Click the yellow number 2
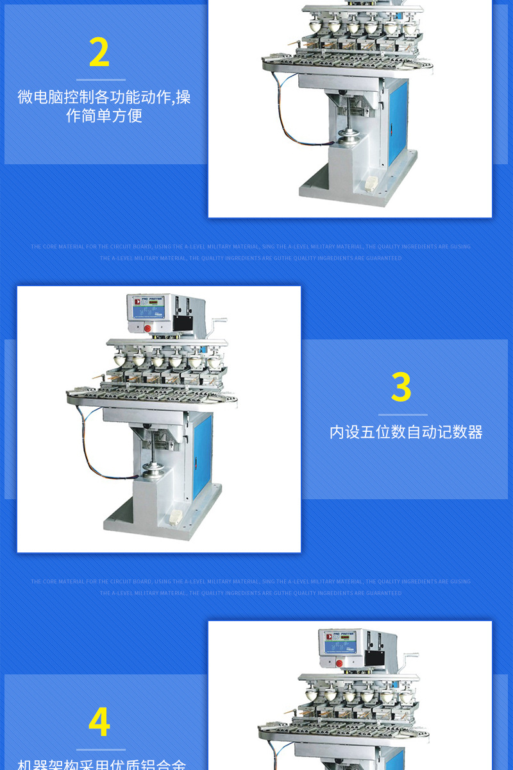pos(99,53)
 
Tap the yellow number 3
pos(401,388)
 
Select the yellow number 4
pos(99,723)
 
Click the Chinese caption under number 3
pos(406,432)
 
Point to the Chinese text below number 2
pos(104,107)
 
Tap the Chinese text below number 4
pos(101,764)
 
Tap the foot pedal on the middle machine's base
pos(174,515)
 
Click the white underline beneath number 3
pos(403,415)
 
